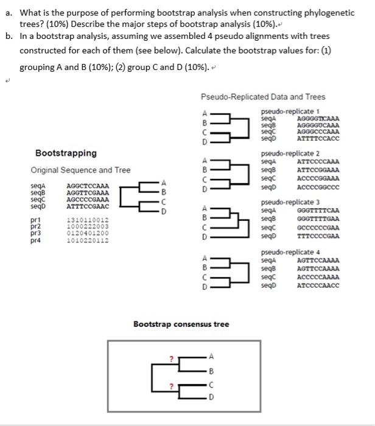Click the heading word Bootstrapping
66,153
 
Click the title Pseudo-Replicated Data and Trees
262,97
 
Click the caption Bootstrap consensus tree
181,324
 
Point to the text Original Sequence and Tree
80,170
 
